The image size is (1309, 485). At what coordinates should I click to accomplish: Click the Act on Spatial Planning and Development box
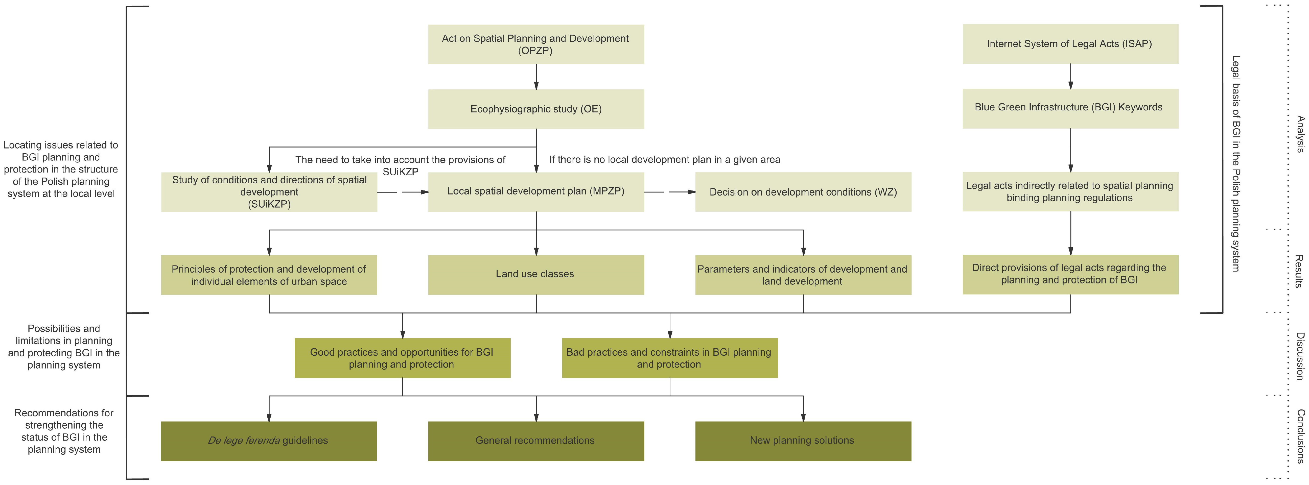[535, 44]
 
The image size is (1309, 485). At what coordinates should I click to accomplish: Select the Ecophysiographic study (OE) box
[535, 109]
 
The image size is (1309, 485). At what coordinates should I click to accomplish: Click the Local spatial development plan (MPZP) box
[535, 191]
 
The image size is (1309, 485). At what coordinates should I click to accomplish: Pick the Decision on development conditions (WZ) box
[803, 192]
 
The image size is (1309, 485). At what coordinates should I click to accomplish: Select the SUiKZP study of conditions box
[269, 192]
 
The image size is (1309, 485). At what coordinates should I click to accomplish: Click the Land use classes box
[535, 274]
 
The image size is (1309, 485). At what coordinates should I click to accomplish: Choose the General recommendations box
[535, 441]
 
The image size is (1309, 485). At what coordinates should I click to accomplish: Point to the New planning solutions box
[803, 441]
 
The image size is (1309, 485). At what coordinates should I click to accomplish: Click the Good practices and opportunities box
[402, 358]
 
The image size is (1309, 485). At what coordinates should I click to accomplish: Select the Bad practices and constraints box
[669, 358]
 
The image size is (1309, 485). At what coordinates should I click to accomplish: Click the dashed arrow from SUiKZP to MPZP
[403, 192]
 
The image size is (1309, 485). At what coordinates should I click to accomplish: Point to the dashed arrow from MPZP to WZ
[670, 192]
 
